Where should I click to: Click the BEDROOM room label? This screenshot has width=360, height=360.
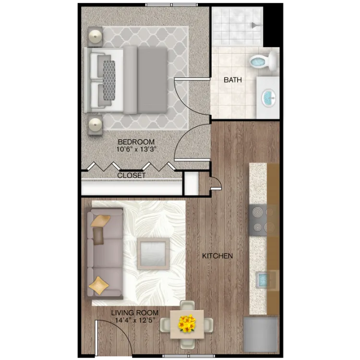coord(136,142)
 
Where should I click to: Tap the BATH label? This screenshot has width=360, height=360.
coord(233,80)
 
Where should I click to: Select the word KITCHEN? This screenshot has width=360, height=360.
coord(217,256)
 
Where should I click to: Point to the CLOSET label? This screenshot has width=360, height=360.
coord(132,175)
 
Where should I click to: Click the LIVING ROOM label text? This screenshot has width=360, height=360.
coord(135,312)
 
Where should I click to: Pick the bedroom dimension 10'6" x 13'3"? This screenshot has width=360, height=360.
coord(136,149)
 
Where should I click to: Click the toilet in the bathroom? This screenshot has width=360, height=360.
coord(264,61)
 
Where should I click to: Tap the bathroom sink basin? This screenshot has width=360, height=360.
coord(269,98)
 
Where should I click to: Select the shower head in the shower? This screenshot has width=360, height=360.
coord(255,25)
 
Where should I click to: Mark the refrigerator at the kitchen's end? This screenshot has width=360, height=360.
coord(261,335)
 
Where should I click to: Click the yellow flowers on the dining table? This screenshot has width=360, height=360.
coord(187,324)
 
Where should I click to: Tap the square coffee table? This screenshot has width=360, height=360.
coord(154,253)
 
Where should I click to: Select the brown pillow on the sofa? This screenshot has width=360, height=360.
coord(98,236)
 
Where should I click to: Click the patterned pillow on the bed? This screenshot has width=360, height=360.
coord(109,80)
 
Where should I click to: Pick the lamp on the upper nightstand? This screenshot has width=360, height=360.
coord(96,36)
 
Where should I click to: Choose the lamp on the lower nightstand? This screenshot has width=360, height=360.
coord(96,125)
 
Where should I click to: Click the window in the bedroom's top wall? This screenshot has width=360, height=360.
coord(171,5)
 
